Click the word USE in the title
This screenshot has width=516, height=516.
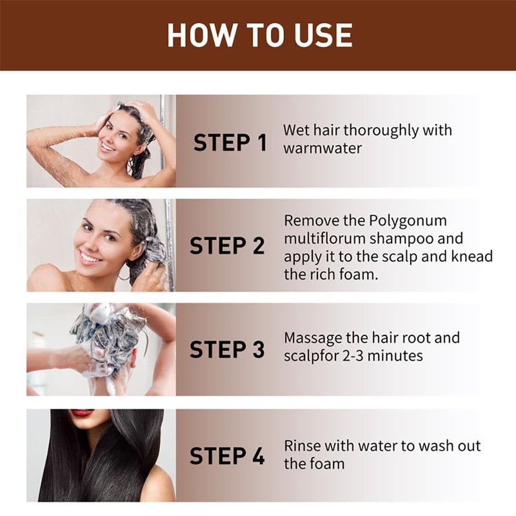point(323,35)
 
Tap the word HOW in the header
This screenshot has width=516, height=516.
point(202,35)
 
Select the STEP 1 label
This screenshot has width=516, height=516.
point(230,143)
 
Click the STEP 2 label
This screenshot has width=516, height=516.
point(227,246)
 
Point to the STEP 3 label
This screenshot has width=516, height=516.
point(227,349)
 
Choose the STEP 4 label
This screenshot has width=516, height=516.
point(227,456)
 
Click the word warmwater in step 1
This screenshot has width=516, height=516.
point(322,148)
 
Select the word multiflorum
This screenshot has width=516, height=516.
point(325,239)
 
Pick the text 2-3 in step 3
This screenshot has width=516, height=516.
point(353,356)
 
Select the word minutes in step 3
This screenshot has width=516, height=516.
point(395,356)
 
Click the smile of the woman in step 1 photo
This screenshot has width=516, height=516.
point(107,146)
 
